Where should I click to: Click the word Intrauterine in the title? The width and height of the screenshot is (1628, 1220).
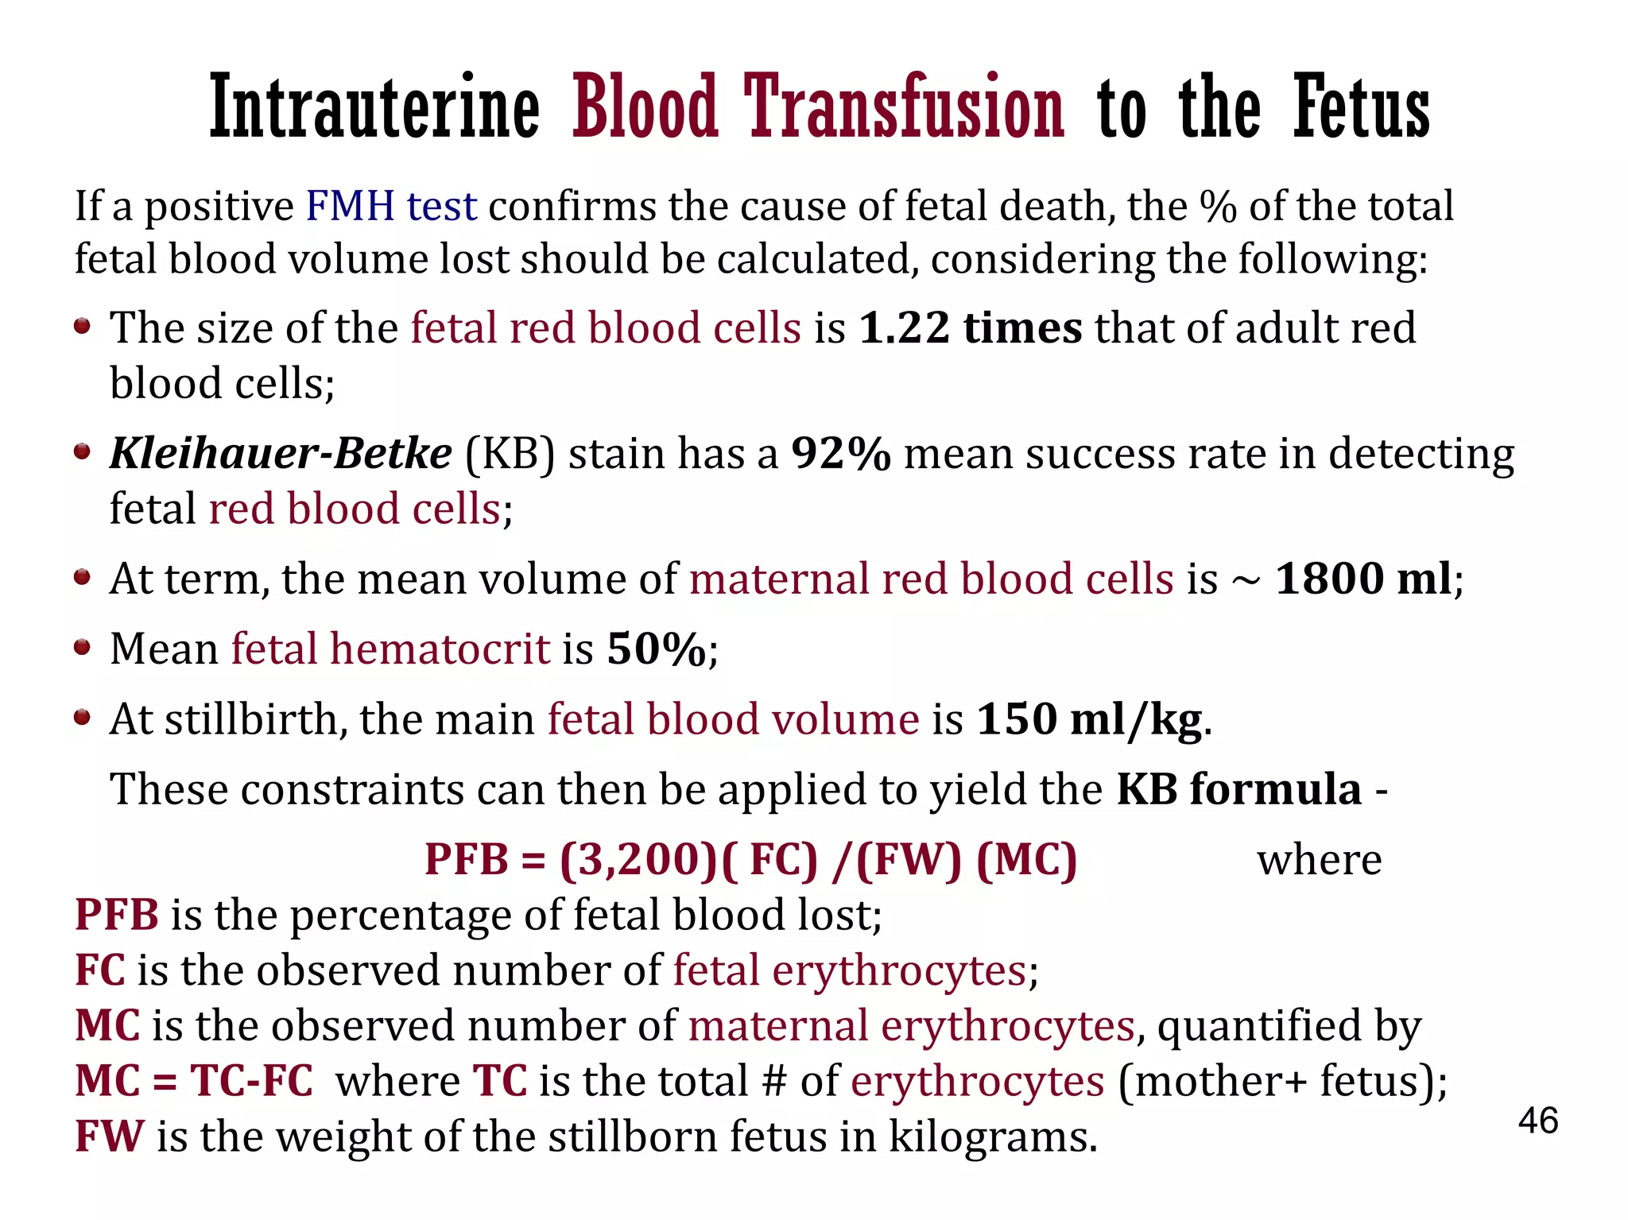point(374,107)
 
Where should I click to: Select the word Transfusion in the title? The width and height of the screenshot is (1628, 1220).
point(904,107)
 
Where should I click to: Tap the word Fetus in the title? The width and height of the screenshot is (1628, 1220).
point(1361,107)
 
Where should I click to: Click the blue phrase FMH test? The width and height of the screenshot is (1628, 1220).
point(391,206)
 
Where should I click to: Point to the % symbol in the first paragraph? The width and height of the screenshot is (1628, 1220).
point(1218,207)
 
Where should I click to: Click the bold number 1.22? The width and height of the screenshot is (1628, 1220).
point(904,327)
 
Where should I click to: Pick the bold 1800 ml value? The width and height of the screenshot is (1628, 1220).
point(1362,578)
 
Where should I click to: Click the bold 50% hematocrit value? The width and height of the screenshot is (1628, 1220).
point(656,649)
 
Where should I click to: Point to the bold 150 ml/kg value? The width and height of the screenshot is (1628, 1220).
point(1088,719)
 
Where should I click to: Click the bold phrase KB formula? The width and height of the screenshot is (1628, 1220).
point(1238,789)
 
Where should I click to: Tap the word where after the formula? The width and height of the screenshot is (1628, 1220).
point(1319,860)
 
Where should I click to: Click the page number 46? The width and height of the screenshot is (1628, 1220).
point(1537,1121)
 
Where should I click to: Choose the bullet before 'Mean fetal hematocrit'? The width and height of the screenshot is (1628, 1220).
point(82,647)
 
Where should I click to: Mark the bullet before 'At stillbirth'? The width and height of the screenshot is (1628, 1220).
point(82,718)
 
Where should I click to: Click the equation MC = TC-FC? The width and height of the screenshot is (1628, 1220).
point(194,1081)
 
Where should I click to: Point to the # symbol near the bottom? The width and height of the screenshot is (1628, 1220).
point(773,1081)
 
